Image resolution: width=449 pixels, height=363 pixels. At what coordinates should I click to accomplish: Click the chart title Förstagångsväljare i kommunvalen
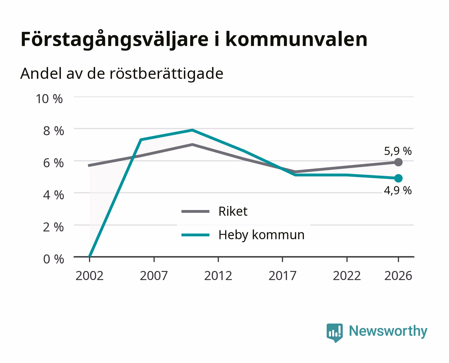(x=194, y=39)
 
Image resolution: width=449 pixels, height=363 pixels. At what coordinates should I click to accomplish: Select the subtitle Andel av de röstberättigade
(x=122, y=74)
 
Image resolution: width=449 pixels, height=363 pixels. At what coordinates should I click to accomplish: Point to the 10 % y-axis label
(x=49, y=99)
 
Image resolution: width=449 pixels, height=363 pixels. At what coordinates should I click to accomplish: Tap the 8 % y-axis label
(x=53, y=131)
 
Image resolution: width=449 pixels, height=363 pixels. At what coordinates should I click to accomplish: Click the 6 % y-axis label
(x=53, y=163)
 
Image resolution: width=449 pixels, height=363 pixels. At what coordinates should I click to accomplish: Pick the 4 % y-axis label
(x=53, y=195)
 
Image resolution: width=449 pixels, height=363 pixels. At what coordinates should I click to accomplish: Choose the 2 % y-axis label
(x=53, y=227)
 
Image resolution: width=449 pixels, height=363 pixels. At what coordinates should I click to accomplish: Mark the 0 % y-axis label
(x=53, y=259)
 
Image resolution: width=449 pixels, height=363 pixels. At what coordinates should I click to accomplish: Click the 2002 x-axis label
(x=89, y=276)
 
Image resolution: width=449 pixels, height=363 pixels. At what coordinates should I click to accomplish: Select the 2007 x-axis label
(x=154, y=276)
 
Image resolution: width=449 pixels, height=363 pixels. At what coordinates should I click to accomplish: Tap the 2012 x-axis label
(x=218, y=276)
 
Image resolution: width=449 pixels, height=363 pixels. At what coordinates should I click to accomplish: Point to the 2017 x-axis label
(x=282, y=276)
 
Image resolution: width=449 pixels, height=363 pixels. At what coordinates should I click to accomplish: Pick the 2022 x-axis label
(x=347, y=276)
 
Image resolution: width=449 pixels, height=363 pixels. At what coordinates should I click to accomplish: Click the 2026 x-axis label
(x=398, y=276)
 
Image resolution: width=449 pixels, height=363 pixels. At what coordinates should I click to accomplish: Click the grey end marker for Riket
(x=398, y=162)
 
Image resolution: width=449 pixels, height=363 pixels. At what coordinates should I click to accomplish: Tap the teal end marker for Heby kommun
(x=398, y=178)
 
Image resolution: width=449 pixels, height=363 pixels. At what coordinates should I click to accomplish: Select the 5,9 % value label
(x=398, y=151)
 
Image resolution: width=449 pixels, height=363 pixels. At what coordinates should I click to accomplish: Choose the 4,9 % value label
(x=398, y=191)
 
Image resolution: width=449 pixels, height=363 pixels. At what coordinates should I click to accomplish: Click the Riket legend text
(x=233, y=211)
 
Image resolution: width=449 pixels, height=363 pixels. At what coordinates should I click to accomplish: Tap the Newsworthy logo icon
(x=334, y=333)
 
